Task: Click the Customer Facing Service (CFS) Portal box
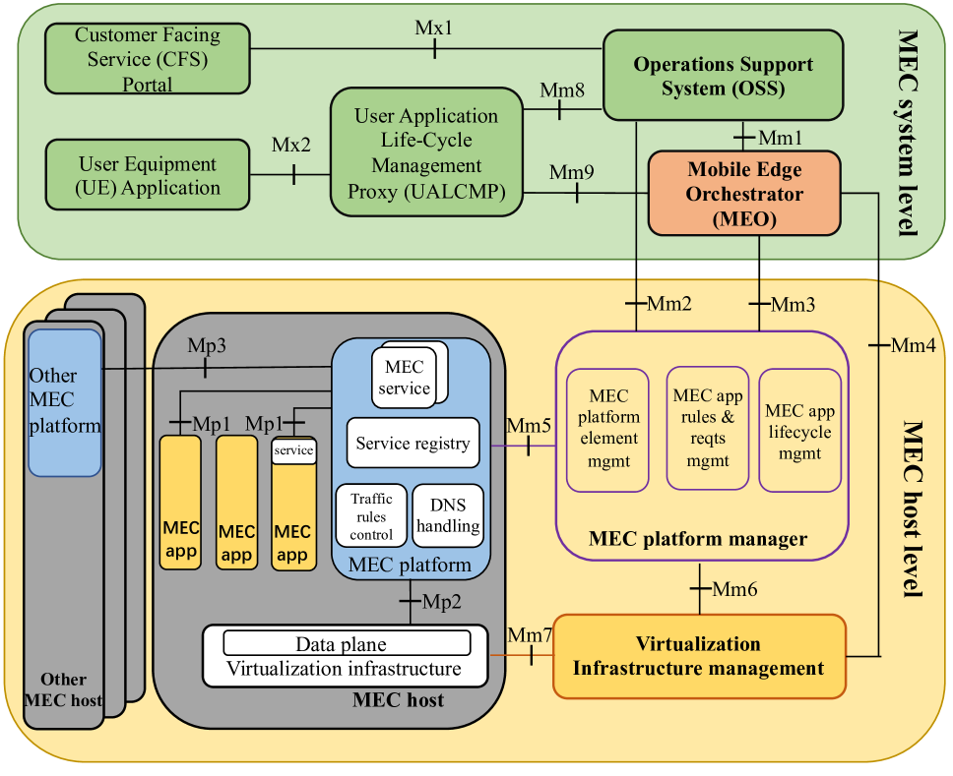[x=148, y=60]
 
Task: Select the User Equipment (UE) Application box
[x=148, y=175]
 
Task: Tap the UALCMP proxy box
[x=426, y=152]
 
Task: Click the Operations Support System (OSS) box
[x=723, y=76]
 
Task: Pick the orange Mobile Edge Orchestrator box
[x=744, y=194]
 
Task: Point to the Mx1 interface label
[x=434, y=28]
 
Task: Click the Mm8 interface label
[x=562, y=91]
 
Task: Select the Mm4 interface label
[x=912, y=345]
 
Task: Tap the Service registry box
[x=413, y=444]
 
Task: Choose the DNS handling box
[x=448, y=514]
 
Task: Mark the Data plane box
[x=347, y=644]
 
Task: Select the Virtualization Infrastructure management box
[x=699, y=657]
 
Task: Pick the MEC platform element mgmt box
[x=608, y=429]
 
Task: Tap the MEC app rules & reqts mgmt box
[x=708, y=427]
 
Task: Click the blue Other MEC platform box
[x=65, y=402]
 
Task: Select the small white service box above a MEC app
[x=293, y=450]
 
